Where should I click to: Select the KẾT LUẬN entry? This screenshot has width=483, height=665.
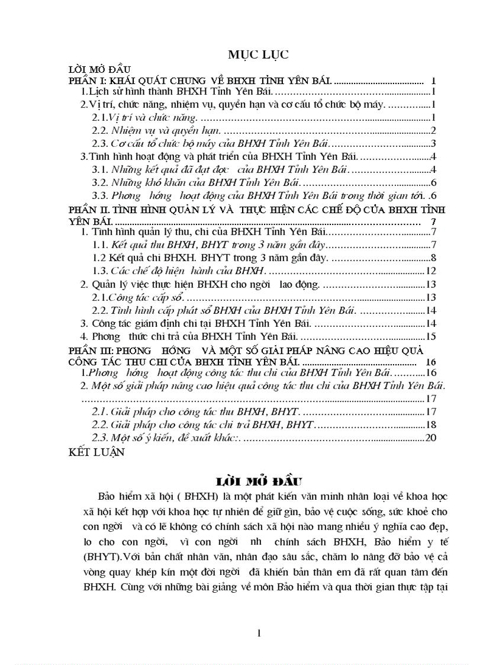point(97,452)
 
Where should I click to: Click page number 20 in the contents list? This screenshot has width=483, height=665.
point(431,438)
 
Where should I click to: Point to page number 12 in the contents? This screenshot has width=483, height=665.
point(431,271)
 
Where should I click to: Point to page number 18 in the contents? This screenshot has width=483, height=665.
point(431,425)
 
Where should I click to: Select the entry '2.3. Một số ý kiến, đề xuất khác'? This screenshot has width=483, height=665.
point(168,438)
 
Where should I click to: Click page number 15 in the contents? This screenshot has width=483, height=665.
point(431,337)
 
